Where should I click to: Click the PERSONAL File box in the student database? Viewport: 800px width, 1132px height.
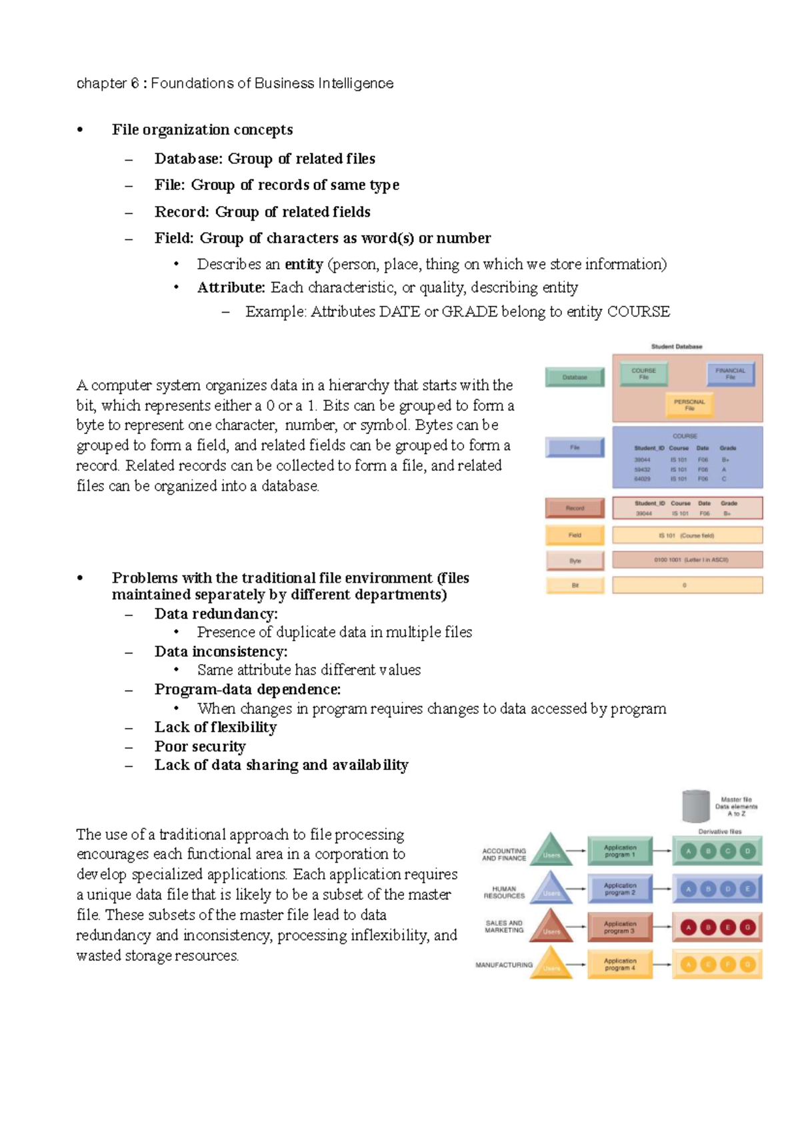[689, 404]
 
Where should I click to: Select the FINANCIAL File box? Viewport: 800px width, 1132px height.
[730, 373]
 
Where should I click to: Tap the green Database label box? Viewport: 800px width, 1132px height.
[575, 377]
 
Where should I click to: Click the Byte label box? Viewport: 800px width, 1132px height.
[575, 561]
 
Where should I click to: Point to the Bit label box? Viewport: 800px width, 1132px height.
[575, 585]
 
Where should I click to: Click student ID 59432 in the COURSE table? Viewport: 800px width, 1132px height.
[642, 469]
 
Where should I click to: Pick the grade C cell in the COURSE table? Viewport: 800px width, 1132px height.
[724, 479]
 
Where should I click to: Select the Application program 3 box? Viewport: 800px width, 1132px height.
[619, 927]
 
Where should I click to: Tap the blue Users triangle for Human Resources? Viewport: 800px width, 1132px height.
[551, 890]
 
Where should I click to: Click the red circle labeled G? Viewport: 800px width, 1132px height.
[747, 927]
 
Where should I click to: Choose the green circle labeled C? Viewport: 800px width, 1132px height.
[728, 851]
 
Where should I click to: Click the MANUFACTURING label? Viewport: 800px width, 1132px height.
[503, 965]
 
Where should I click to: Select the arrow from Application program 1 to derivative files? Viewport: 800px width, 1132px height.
[661, 851]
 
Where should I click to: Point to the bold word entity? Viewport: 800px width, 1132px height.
[303, 265]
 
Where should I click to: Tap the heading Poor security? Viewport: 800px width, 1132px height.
[200, 747]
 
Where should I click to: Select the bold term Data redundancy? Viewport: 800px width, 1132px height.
[216, 614]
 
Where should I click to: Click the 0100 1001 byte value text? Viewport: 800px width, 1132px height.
[667, 560]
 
